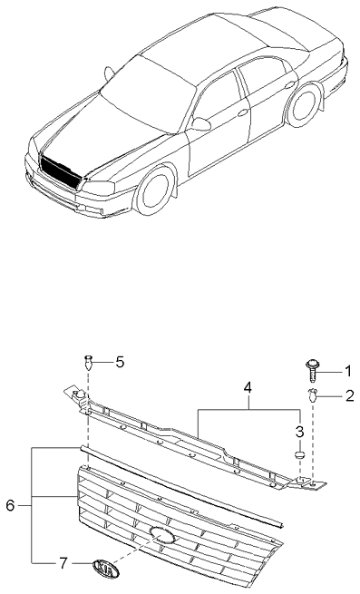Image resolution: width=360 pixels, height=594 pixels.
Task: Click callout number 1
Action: (x=346, y=370)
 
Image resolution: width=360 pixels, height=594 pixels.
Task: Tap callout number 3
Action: (x=298, y=429)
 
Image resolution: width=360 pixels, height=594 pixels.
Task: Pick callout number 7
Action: (x=63, y=563)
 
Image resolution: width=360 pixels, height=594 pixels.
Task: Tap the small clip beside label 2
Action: (x=313, y=394)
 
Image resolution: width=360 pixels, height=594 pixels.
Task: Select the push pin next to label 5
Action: (x=89, y=363)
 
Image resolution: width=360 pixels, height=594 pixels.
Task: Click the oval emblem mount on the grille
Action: (x=162, y=535)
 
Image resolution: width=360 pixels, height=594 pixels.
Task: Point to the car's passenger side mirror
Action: (x=199, y=124)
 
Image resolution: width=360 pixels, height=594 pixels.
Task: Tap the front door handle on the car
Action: (x=242, y=112)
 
